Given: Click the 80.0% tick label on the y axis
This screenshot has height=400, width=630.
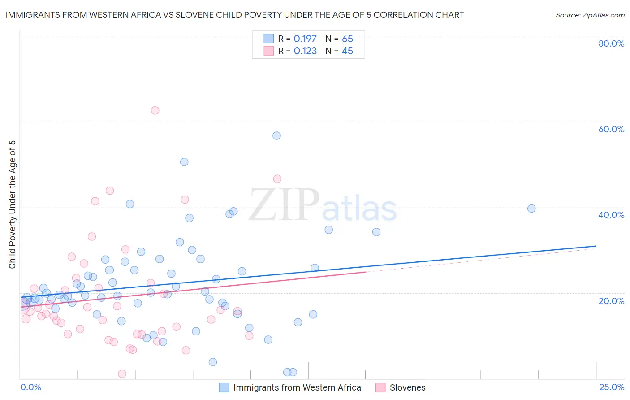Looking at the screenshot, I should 611,43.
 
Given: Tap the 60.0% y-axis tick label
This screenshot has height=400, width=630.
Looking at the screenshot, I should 611,129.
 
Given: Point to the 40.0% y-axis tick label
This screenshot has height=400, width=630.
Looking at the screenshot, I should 611,215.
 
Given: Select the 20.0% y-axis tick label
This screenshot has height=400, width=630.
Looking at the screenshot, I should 611,300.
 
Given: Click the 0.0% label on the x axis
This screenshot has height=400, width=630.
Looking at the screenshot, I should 30,387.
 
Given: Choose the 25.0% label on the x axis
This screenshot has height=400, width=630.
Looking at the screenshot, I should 612,387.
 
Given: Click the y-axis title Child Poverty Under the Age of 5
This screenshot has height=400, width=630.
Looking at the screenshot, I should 12,204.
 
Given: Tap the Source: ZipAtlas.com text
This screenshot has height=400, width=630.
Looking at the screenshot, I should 590,15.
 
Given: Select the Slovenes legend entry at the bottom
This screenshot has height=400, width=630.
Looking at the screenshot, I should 407,387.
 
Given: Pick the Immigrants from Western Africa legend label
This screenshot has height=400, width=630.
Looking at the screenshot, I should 297,387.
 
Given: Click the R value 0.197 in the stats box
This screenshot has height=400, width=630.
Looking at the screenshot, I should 305,39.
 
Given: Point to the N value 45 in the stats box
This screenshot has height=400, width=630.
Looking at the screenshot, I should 347,51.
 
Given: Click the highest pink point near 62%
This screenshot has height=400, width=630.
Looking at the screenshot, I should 155,110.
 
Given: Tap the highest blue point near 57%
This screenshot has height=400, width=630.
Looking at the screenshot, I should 276,135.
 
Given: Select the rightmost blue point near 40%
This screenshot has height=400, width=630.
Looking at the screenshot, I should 531,208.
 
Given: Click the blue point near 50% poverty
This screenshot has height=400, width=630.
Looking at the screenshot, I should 184,162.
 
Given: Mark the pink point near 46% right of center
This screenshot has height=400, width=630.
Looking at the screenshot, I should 277,178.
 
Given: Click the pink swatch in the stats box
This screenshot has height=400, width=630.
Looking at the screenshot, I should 268,51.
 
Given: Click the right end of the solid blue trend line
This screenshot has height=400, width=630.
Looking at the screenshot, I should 596,246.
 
